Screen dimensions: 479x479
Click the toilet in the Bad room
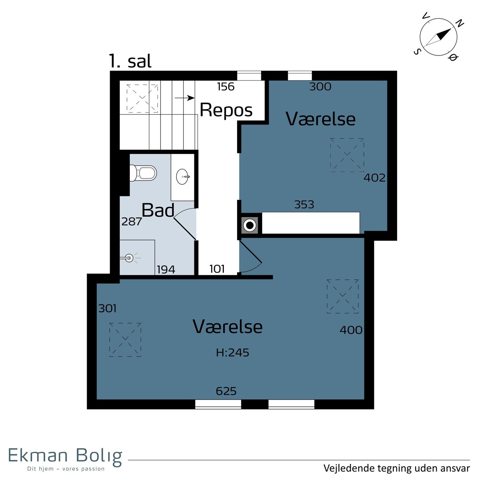[x=143, y=173]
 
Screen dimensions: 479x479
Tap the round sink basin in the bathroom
[x=183, y=177]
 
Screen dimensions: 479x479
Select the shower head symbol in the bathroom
[x=129, y=258]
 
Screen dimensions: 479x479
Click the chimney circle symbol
[x=249, y=225]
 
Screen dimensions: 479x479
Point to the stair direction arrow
[x=184, y=98]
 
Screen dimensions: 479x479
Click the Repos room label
[x=226, y=110]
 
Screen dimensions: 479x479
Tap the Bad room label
[x=158, y=210]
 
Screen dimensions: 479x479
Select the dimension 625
[x=226, y=391]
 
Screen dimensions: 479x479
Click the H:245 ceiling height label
[x=232, y=353]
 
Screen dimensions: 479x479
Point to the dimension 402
[x=374, y=178]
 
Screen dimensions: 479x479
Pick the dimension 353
[x=304, y=205]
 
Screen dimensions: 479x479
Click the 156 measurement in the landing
[x=226, y=87]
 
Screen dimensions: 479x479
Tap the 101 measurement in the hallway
[x=217, y=269]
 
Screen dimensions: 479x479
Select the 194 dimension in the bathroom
[x=166, y=269]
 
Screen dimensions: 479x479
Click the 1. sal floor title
[x=130, y=61]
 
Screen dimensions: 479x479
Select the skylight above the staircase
[x=142, y=98]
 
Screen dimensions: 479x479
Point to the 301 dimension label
[x=107, y=309]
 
